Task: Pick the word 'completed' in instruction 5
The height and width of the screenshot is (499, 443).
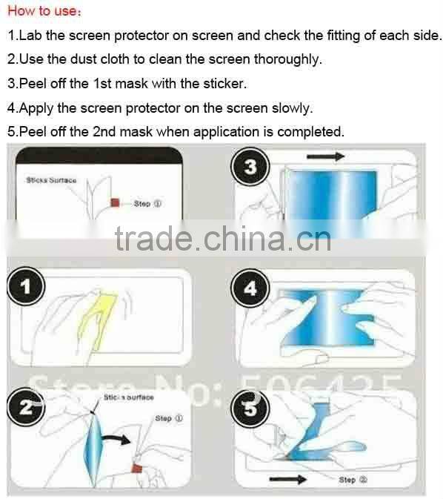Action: click(312, 132)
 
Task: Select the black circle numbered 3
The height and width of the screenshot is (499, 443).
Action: click(250, 168)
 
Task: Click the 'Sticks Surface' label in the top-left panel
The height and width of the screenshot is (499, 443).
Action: click(51, 179)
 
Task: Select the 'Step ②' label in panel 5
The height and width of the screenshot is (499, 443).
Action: click(347, 480)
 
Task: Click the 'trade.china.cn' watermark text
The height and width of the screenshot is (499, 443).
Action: click(222, 239)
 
